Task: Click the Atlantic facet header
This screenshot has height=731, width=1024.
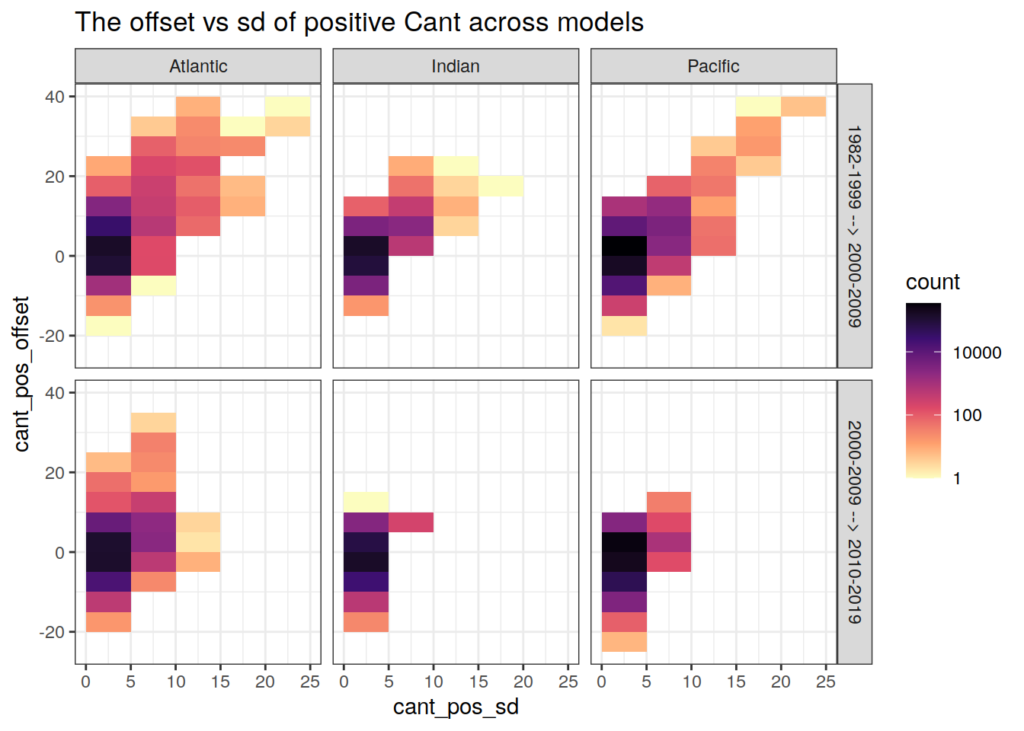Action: tap(198, 66)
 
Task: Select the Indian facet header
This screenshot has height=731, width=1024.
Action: tap(456, 66)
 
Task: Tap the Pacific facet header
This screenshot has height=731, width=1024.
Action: tap(713, 66)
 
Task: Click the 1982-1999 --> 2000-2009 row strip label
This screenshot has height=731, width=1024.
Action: tap(855, 226)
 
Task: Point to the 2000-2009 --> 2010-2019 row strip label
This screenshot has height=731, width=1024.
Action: tap(855, 522)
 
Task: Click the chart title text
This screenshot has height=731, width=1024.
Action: tap(359, 22)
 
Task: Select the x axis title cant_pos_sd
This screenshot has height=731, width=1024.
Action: tap(456, 707)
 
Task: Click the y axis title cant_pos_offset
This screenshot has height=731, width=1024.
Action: tap(21, 374)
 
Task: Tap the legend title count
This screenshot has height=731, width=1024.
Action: tap(933, 282)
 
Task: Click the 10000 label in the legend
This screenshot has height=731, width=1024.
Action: tap(977, 353)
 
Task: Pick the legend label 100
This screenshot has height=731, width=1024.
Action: tap(967, 416)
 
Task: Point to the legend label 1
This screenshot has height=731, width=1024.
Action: tap(957, 479)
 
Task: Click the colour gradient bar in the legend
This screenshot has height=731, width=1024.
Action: tap(923, 390)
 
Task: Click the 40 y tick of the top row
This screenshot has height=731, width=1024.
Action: tap(55, 97)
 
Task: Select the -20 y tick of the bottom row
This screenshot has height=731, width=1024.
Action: tap(52, 632)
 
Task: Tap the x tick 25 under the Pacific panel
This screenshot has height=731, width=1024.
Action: tap(826, 682)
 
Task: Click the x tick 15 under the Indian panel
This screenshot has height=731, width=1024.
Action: tap(478, 682)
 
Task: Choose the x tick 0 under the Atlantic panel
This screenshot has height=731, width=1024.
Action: tap(85, 682)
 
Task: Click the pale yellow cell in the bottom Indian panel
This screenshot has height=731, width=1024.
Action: tap(366, 502)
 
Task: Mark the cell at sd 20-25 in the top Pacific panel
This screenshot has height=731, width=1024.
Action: tap(803, 107)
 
